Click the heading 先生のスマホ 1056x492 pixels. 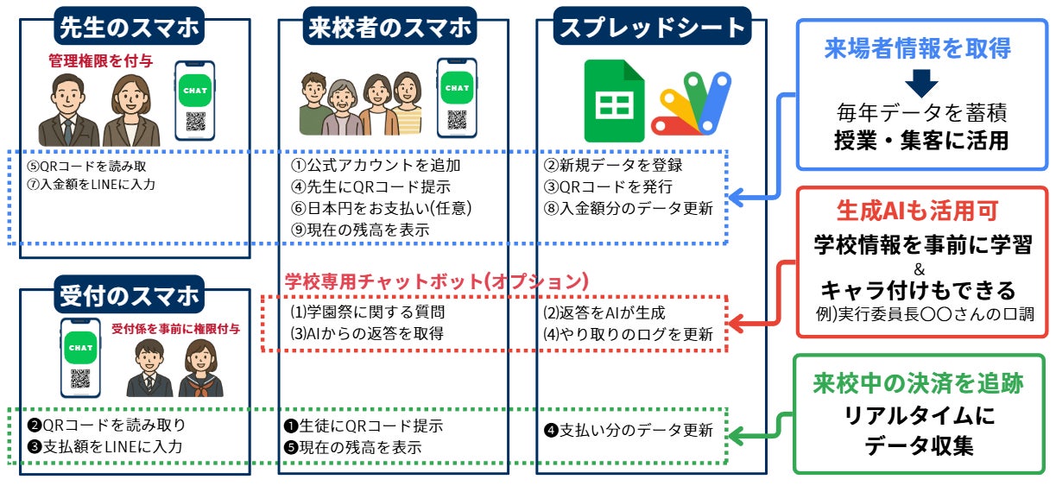(129, 27)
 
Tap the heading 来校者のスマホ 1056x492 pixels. (391, 27)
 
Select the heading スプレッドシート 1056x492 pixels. (652, 27)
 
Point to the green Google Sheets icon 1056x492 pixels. (614, 101)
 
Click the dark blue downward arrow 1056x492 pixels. (923, 84)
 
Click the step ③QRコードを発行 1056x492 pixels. (607, 186)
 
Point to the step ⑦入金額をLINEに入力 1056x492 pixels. (92, 184)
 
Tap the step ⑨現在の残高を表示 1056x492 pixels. (359, 230)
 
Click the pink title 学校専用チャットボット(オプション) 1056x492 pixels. (437, 281)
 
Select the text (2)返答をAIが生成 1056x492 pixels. (604, 312)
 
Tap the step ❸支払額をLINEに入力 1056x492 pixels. (106, 446)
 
